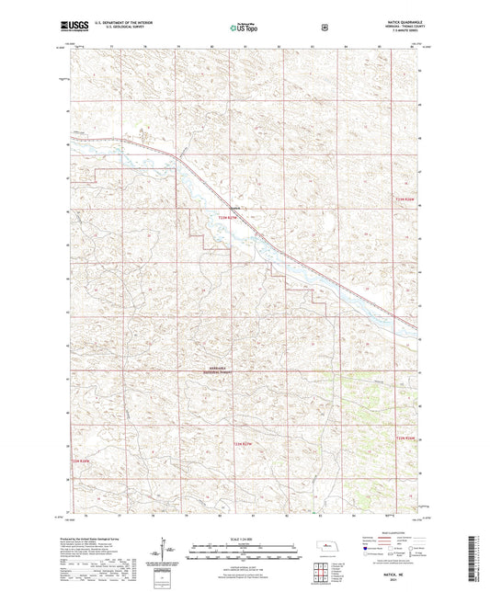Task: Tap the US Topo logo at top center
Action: pos(242,28)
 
